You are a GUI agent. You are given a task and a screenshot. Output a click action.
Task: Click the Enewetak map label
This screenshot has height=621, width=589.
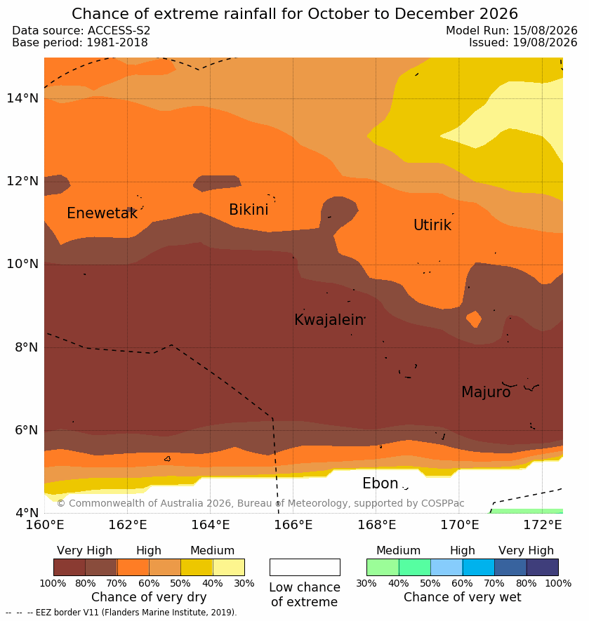point(102,213)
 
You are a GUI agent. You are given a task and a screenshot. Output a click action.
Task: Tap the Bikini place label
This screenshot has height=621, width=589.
point(249,210)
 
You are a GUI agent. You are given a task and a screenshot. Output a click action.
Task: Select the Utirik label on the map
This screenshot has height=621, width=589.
point(432,225)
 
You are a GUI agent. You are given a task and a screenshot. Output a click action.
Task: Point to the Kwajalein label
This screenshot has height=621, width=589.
point(329,319)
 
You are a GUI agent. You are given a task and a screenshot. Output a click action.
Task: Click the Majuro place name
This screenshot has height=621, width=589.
point(486,392)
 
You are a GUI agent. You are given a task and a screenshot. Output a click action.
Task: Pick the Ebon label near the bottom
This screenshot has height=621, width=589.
point(380,483)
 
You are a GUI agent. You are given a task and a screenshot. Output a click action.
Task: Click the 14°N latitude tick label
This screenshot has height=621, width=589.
point(22,98)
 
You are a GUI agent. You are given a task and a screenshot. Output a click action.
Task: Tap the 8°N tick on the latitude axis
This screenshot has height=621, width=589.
point(26,347)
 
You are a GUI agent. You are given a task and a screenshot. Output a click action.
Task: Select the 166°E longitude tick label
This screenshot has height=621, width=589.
point(293,525)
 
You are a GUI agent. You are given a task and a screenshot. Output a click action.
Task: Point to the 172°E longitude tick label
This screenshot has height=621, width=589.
point(543,525)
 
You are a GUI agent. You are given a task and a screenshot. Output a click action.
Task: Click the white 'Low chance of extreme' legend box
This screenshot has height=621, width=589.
point(305,567)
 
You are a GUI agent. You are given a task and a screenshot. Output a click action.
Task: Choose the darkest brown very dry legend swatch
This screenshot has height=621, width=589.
point(70,567)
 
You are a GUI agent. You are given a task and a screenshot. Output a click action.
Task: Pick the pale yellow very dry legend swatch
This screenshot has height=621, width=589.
point(229,567)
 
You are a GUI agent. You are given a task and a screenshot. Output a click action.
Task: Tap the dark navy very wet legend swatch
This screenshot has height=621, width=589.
point(542,567)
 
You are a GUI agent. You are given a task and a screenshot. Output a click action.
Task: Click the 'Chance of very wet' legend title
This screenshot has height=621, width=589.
point(462,597)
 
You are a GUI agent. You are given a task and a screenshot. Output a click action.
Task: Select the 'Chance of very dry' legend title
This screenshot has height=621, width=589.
point(149,597)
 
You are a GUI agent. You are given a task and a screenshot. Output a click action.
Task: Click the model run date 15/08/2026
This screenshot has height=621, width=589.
point(545,30)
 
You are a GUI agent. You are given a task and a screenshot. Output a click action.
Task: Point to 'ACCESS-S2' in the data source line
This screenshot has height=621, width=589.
point(119,30)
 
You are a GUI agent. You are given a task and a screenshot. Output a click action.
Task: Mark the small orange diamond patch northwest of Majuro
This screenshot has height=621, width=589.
point(474,319)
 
